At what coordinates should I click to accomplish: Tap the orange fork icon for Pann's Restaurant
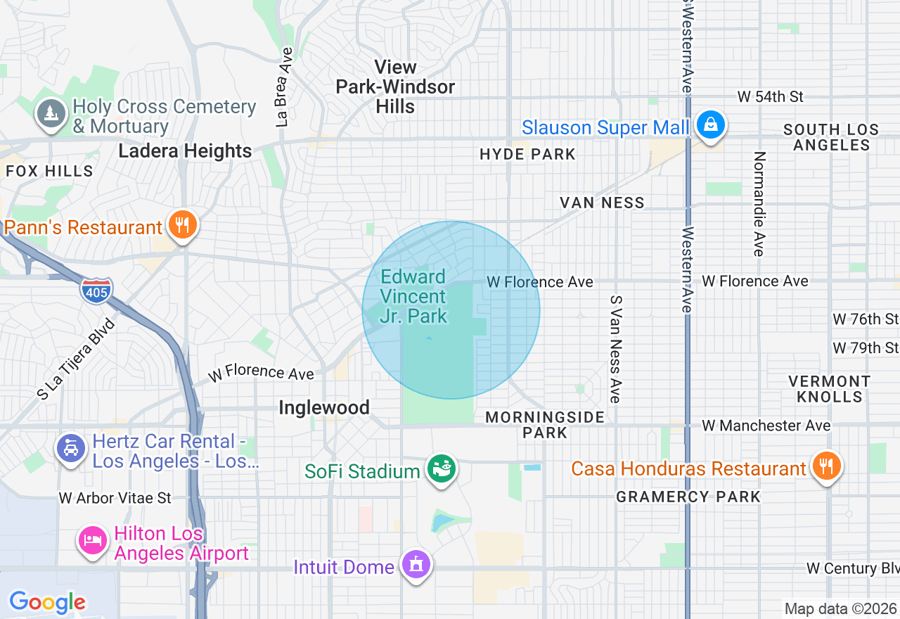(x=182, y=226)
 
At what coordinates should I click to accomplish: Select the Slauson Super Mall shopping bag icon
(x=710, y=126)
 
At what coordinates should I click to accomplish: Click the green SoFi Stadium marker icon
(x=441, y=469)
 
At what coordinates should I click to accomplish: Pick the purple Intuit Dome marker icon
(x=416, y=565)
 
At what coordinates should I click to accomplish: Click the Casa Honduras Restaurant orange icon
(x=826, y=466)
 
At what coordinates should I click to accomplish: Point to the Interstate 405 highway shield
(x=96, y=291)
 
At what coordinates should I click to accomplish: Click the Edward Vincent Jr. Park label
(x=413, y=296)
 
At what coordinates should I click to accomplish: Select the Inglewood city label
(x=324, y=408)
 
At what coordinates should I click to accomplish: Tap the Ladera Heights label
(x=185, y=151)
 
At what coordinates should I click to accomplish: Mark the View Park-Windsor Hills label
(x=395, y=87)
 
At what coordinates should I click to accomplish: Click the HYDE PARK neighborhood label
(x=527, y=154)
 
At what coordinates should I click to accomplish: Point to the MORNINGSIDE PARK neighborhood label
(x=545, y=425)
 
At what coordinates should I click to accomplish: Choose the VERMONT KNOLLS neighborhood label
(x=829, y=389)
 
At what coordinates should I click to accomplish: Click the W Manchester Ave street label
(x=766, y=426)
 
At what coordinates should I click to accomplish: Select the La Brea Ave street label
(x=284, y=87)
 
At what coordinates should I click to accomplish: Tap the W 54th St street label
(x=770, y=96)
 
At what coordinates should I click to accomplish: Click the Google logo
(x=47, y=602)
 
